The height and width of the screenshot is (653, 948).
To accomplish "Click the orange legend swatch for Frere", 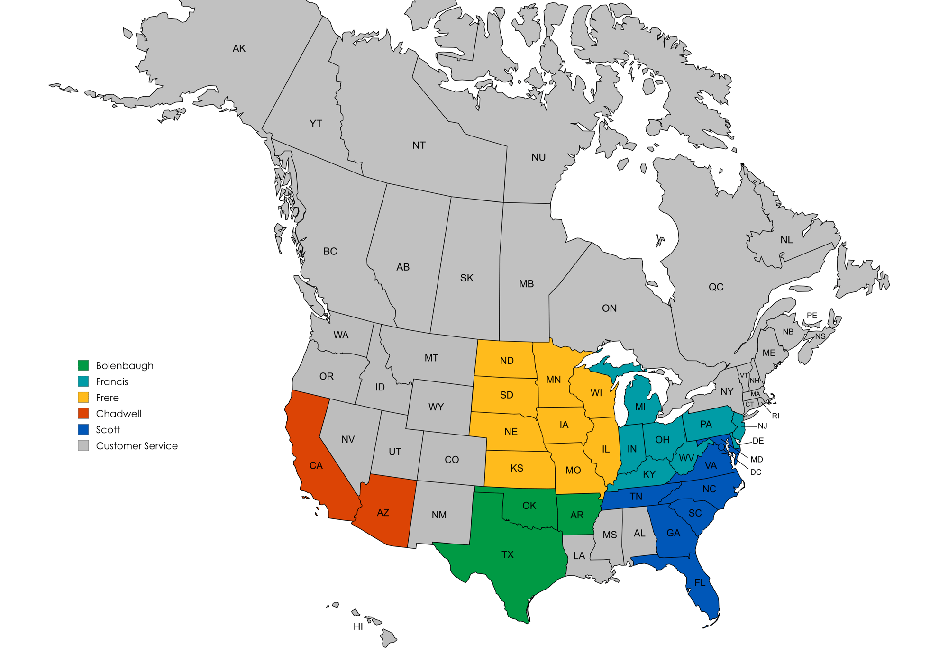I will coord(83,398).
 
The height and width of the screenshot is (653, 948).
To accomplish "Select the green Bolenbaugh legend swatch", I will coord(83,365).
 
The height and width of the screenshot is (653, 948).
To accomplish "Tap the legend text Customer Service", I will coord(137,446).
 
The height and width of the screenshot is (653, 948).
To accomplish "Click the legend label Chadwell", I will coord(118,414).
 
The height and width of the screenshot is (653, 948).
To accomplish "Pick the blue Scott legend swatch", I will coord(83,430).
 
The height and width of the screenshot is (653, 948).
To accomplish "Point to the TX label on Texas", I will coord(507,554).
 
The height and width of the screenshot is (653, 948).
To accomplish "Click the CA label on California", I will coord(316,466).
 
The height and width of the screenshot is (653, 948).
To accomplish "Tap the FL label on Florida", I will coord(700,583).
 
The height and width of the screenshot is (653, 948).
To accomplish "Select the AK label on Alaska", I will coord(239,48).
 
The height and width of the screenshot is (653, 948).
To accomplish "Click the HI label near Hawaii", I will coord(358,626).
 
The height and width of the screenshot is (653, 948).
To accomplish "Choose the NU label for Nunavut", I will coord(538,157).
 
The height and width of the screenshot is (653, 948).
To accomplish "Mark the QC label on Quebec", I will coord(716,287).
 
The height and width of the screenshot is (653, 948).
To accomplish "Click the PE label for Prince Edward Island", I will coord(812,316).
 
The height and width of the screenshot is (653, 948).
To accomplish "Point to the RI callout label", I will coord(775,416).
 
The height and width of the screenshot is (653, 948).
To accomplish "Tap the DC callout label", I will coord(756,472).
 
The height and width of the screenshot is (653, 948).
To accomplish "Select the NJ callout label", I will coord(762,426).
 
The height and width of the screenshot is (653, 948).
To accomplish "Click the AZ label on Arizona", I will coord(383,513).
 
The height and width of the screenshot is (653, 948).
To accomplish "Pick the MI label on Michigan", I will coord(640,407).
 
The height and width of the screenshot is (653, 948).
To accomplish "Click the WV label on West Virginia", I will coord(686,458).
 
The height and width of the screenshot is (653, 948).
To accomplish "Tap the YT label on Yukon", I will coord(316,124).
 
